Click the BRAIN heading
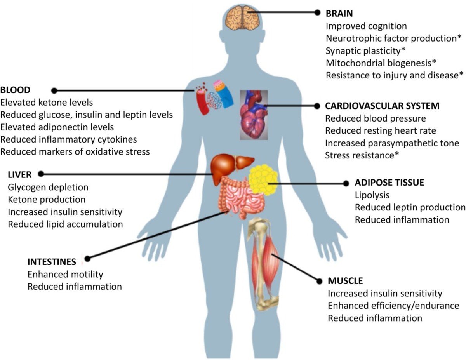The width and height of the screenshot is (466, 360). (339, 14)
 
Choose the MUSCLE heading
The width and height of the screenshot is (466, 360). (345, 281)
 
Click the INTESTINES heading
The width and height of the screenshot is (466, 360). (52, 261)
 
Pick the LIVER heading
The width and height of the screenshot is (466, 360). (19, 174)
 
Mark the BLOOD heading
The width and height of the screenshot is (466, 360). (16, 90)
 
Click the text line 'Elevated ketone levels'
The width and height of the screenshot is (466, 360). (47, 103)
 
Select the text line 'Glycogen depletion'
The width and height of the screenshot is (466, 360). (48, 187)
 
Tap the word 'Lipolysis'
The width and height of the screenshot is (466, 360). (372, 195)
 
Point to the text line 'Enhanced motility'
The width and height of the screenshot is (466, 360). (65, 274)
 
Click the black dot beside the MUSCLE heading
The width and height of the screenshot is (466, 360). (320, 280)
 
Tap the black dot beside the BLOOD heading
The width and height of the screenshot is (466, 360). (54, 90)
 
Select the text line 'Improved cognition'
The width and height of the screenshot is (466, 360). (366, 26)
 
